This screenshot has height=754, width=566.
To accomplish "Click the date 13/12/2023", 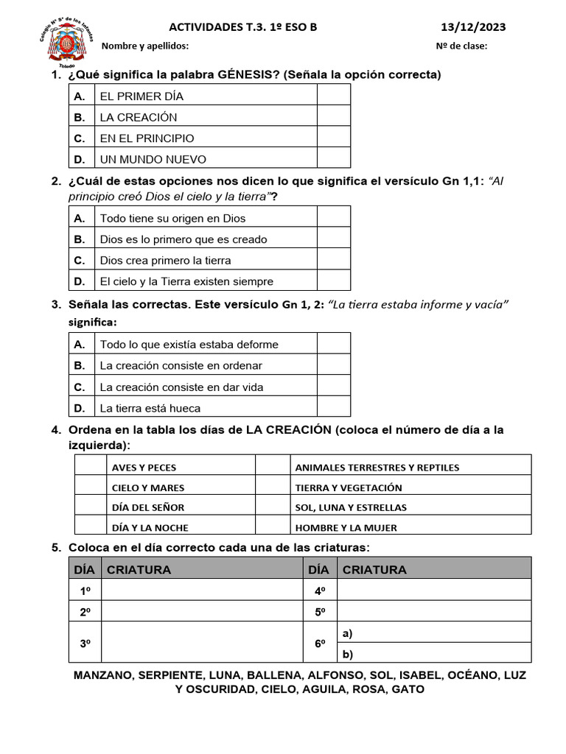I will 473,28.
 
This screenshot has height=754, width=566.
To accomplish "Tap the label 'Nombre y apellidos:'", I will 144,46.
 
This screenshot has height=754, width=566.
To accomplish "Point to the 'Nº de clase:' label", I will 461,46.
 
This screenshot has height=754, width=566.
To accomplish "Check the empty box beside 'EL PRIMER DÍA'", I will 334,96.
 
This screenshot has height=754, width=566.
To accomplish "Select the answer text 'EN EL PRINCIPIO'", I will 147,138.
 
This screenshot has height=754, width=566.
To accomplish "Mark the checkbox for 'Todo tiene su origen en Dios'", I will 334,218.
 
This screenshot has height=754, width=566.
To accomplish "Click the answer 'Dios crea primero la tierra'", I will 166,261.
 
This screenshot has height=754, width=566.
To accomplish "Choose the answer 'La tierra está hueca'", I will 150,408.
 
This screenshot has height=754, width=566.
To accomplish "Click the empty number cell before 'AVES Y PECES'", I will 91,467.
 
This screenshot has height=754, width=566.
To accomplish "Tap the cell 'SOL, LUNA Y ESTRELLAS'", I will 351,507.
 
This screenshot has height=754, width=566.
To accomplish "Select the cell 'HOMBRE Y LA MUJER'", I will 346,527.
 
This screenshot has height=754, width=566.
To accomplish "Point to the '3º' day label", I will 85,644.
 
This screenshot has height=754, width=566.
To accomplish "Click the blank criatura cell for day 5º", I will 434,612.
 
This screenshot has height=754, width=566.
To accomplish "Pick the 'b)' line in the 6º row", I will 434,654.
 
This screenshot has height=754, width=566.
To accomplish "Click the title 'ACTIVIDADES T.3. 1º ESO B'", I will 243,28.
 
